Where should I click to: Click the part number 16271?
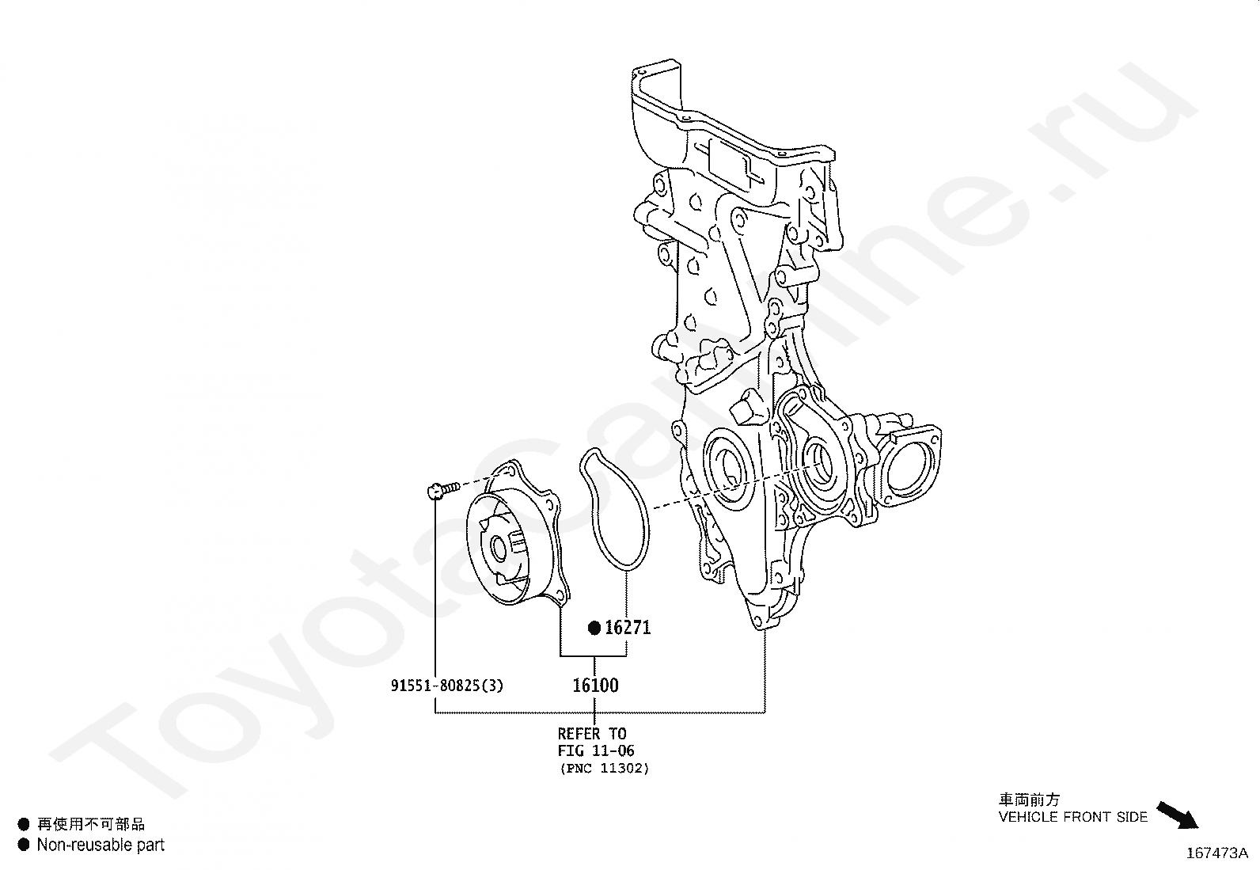[x=628, y=628]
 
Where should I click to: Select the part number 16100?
[x=595, y=685]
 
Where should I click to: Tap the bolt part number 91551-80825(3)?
[x=446, y=686]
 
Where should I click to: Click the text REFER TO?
[x=591, y=734]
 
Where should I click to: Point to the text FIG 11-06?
[x=596, y=750]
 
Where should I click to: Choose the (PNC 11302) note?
[x=604, y=768]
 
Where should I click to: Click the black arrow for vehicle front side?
[x=1178, y=815]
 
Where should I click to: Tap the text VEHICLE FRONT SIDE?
[x=1072, y=817]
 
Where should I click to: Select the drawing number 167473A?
[x=1216, y=853]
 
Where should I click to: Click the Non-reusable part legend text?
[x=101, y=845]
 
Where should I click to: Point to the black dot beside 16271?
[x=594, y=629]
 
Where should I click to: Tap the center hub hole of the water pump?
[x=499, y=547]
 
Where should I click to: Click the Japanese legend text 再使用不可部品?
[x=91, y=824]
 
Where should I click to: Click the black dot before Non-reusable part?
[x=24, y=845]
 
